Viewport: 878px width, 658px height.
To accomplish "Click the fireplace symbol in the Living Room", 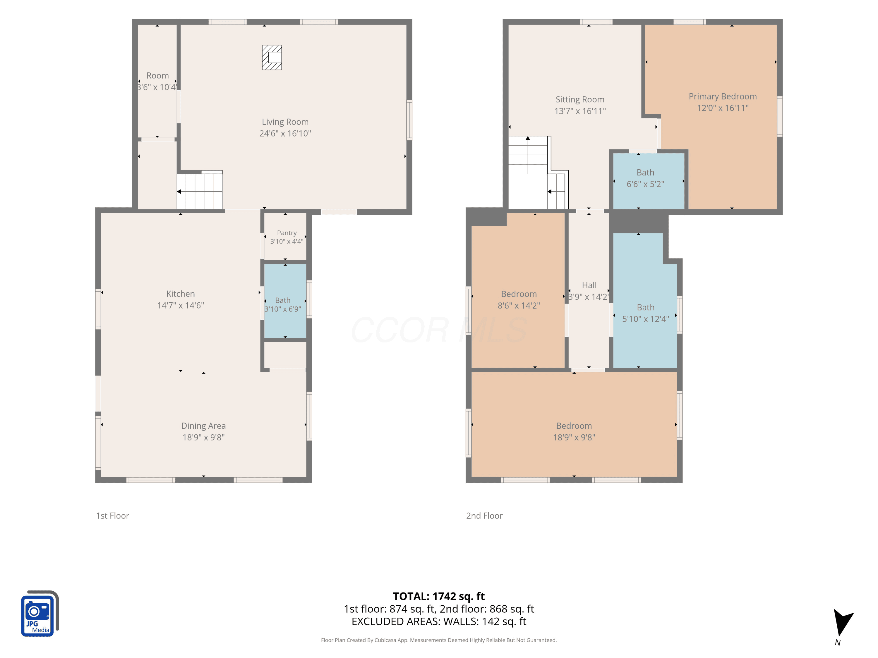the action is pyautogui.click(x=272, y=58).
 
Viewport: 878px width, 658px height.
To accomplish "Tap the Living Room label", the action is pyautogui.click(x=285, y=122).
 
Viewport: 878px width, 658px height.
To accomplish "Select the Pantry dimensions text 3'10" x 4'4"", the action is pyautogui.click(x=287, y=241).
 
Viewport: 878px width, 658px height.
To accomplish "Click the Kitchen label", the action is pyautogui.click(x=181, y=294).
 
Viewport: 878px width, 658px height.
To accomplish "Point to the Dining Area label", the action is pyautogui.click(x=204, y=426).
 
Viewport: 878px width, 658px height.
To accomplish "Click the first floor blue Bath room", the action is pyautogui.click(x=285, y=302).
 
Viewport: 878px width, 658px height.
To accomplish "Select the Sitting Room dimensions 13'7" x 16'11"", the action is pyautogui.click(x=580, y=111).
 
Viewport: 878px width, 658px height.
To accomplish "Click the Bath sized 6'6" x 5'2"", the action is pyautogui.click(x=649, y=181).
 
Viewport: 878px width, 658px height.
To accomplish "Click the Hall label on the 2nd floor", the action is pyautogui.click(x=589, y=285).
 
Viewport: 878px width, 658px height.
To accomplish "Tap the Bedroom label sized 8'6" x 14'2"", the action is pyautogui.click(x=519, y=294).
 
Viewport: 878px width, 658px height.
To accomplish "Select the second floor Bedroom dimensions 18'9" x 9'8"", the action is pyautogui.click(x=574, y=437).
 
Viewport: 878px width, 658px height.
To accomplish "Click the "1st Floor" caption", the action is pyautogui.click(x=113, y=516).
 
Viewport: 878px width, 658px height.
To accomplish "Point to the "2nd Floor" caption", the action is pyautogui.click(x=484, y=516).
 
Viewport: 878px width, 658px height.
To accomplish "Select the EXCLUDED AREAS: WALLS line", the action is pyautogui.click(x=439, y=621).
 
